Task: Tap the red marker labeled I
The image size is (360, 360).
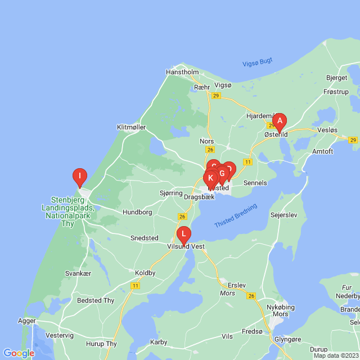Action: pyautogui.click(x=80, y=177)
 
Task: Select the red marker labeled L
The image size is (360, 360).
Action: pyautogui.click(x=183, y=234)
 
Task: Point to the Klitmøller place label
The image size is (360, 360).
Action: pyautogui.click(x=131, y=127)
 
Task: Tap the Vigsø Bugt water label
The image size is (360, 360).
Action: pyautogui.click(x=257, y=63)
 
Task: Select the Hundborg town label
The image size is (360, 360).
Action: pyautogui.click(x=137, y=213)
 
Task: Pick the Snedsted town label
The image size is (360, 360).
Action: pyautogui.click(x=144, y=238)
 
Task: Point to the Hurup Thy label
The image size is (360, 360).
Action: pyautogui.click(x=102, y=344)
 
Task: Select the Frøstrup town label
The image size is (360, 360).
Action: pyautogui.click(x=336, y=91)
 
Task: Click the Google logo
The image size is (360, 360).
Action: pyautogui.click(x=19, y=353)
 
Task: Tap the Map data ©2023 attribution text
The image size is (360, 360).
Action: pyautogui.click(x=336, y=355)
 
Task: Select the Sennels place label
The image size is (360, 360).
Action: pyautogui.click(x=255, y=183)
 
